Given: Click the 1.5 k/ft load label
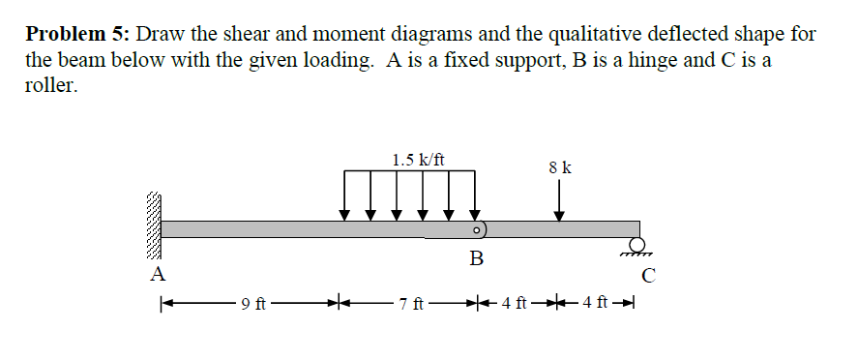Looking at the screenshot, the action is point(419,159).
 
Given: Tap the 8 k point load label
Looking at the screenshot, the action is point(559,167).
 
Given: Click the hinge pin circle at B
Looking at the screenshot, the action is point(477,231).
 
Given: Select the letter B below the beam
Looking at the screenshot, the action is point(477,258).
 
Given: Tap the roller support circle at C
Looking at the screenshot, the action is point(637,244).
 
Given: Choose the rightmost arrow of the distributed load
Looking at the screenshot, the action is point(474,194).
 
